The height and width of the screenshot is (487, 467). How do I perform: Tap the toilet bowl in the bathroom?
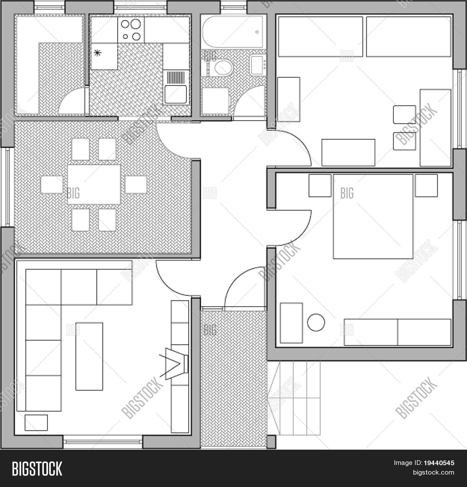point(221,68)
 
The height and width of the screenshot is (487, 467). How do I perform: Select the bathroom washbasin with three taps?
point(258,65)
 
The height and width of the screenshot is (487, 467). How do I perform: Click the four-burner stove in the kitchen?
point(131,30)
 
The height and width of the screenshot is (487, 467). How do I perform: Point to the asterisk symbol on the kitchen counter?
point(97,54)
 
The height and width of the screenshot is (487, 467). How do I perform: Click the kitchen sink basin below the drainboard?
point(176,94)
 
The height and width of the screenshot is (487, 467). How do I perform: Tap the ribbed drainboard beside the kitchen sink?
point(176,77)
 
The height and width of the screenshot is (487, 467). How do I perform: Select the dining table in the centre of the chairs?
point(94,184)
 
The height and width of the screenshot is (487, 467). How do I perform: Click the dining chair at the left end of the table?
point(52,185)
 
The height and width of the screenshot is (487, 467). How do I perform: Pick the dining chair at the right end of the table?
point(136,185)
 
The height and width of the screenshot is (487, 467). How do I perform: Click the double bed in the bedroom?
point(373,216)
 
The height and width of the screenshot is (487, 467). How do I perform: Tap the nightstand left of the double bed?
point(320,185)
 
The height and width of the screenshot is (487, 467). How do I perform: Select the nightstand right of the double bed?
point(426,185)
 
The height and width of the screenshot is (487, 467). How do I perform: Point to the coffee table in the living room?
point(89,356)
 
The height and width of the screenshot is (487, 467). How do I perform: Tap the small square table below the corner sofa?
point(36,423)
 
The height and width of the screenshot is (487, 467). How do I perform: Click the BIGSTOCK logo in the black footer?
point(37,469)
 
